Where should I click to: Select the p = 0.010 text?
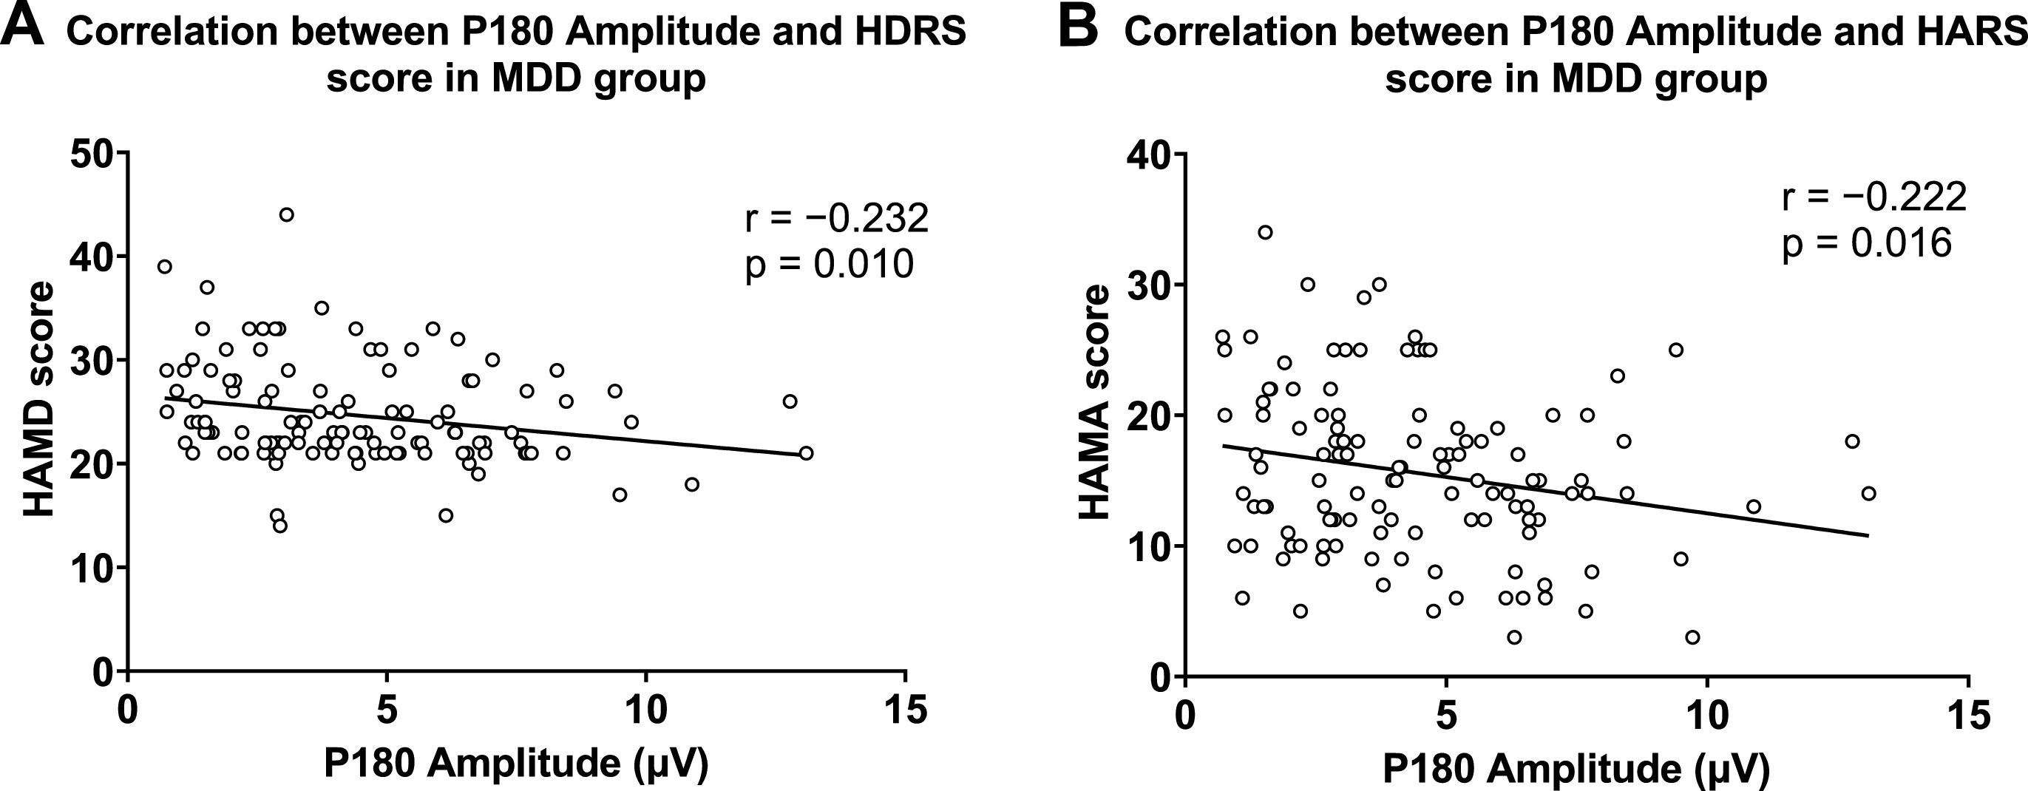coord(829,264)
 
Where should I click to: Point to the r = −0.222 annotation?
coord(1874,197)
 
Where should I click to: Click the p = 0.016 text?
coord(1867,242)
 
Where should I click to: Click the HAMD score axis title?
coord(38,399)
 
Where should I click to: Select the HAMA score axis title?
coord(1094,401)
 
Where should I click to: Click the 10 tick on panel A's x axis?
coord(645,710)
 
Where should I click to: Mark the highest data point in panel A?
coord(287,215)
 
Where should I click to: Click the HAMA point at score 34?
coord(1265,232)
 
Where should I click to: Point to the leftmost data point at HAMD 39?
coord(165,267)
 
